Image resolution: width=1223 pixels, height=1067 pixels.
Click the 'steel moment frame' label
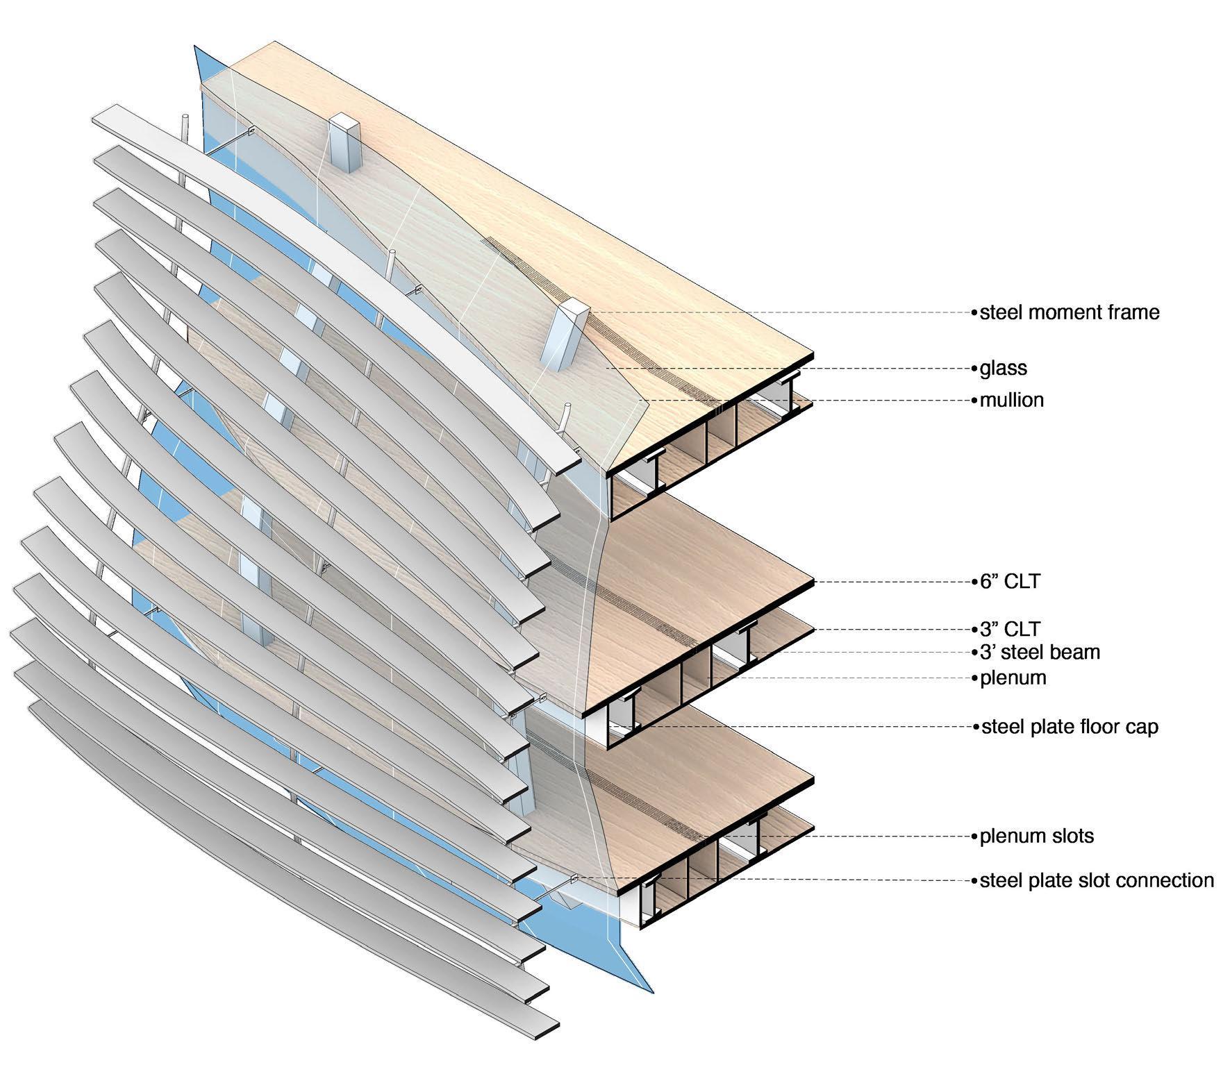coord(1069,312)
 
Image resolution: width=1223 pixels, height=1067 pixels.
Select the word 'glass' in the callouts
coord(1003,368)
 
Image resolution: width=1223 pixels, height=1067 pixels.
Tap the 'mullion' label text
coord(1011,401)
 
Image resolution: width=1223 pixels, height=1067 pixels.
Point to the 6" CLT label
coord(1010,581)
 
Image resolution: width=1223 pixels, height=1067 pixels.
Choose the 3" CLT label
coord(1010,629)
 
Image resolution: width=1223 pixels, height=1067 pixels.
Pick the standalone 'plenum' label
coord(1013,678)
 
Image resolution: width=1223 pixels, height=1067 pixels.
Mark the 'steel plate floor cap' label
coord(1070,727)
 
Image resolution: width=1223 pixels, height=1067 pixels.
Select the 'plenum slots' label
coord(1036,836)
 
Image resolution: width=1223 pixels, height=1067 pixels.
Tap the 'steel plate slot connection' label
coord(1097,880)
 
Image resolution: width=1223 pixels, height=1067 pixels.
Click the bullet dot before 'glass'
coord(974,368)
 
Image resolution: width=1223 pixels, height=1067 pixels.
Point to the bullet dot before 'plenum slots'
coord(974,836)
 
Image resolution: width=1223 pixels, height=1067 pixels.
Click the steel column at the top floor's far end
coord(343,142)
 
